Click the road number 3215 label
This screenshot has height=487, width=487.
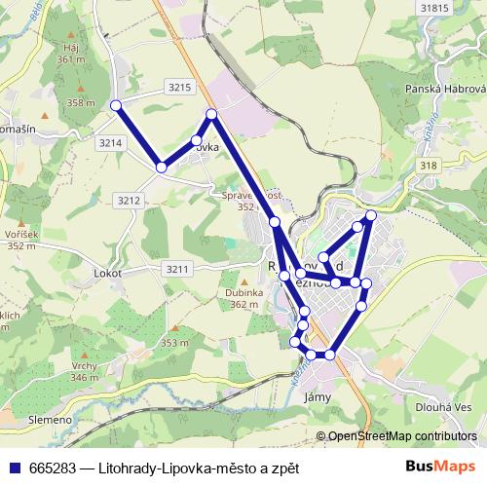179,87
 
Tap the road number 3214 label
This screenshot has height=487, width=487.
111,142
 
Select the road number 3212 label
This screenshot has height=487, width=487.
129,200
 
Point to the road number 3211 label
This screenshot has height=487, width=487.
176,268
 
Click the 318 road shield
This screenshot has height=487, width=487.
428,167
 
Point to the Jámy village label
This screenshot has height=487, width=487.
318,396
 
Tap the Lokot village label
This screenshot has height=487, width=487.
107,273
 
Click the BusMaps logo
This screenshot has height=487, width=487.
441,467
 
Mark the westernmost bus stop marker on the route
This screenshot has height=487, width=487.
116,105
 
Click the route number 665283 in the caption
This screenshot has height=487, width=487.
56,468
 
